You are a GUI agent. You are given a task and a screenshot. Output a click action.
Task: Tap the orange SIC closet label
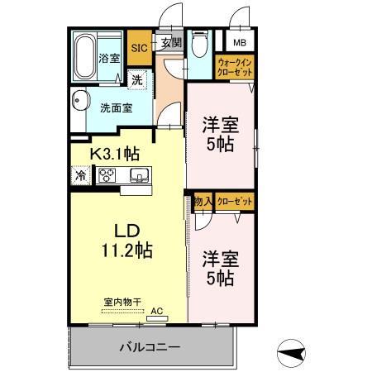point(139,48)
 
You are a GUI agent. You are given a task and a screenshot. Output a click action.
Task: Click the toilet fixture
point(199,45)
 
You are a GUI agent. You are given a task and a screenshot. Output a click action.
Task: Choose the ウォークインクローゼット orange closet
point(234,66)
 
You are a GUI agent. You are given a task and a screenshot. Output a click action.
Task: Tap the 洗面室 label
point(116,107)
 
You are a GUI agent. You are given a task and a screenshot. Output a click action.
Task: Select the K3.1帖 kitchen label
point(114,152)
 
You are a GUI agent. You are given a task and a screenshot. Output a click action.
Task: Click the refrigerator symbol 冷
point(80,175)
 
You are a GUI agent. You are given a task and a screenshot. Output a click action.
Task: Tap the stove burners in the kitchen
point(108,174)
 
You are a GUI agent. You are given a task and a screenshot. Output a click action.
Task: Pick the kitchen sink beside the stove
point(137,174)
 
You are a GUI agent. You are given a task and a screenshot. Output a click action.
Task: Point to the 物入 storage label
point(203,201)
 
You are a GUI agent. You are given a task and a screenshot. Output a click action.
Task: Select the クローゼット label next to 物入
point(235,201)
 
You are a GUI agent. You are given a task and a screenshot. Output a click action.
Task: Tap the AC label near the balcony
point(157,312)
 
